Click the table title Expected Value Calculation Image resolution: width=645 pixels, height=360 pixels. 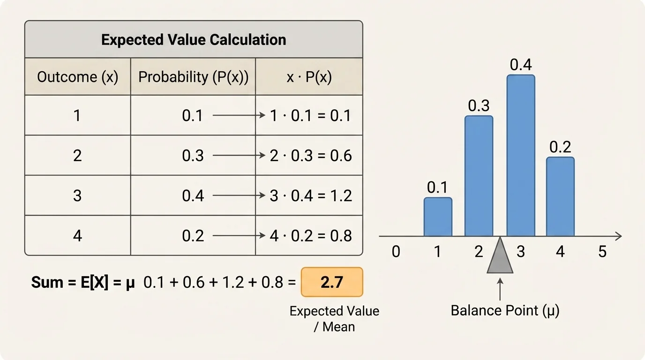pos(194,40)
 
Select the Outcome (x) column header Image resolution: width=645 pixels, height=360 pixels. pos(78,77)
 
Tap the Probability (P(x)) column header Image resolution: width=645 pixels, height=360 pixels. pos(193,77)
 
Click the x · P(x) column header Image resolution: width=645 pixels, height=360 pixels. pos(309,77)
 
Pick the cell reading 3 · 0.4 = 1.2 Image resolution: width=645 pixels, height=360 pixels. pos(311,195)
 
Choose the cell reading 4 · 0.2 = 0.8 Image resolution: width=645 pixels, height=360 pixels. pos(311,235)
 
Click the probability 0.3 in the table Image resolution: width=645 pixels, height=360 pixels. pos(193,156)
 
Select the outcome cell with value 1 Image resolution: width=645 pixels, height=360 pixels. pos(77,116)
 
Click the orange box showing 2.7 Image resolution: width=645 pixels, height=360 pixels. pos(332,282)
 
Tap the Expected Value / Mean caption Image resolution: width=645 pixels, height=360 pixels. pos(334,319)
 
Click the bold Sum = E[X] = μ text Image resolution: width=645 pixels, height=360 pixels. pos(83,283)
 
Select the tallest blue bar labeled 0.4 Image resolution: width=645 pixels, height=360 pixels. pos(521,156)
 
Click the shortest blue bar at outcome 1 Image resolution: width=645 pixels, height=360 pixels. pos(438,217)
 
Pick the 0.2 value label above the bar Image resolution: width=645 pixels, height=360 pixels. pos(560,147)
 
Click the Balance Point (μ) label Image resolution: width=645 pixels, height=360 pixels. pos(505,310)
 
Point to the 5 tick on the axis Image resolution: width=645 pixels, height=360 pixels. pos(602,252)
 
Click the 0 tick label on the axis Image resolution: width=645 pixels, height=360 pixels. pos(396,252)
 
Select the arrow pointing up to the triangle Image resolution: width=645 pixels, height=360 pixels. pos(500,289)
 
